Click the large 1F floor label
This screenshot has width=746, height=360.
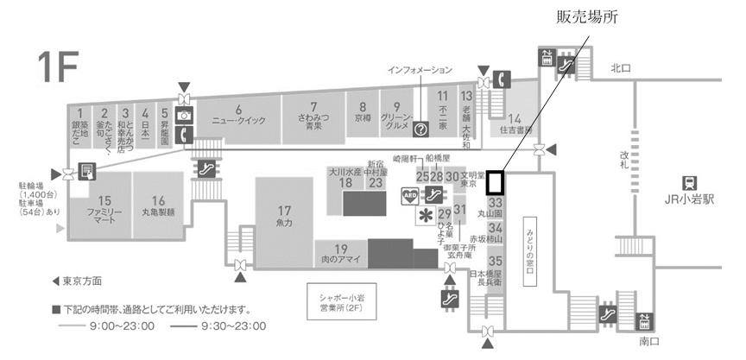(57, 67)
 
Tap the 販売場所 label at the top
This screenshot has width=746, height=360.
(588, 16)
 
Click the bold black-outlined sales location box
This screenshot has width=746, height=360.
(495, 182)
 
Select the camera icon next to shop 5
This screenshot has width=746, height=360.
(184, 115)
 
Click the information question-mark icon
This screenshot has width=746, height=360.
(421, 129)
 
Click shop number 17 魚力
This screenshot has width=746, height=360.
(286, 215)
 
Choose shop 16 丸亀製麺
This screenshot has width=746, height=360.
(159, 204)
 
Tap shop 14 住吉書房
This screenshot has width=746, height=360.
(514, 123)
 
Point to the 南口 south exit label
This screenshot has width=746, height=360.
(649, 342)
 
